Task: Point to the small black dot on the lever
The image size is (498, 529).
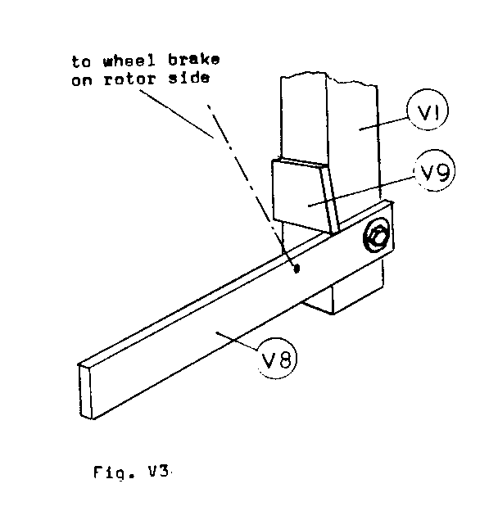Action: (297, 267)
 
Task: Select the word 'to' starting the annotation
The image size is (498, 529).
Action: (80, 61)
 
